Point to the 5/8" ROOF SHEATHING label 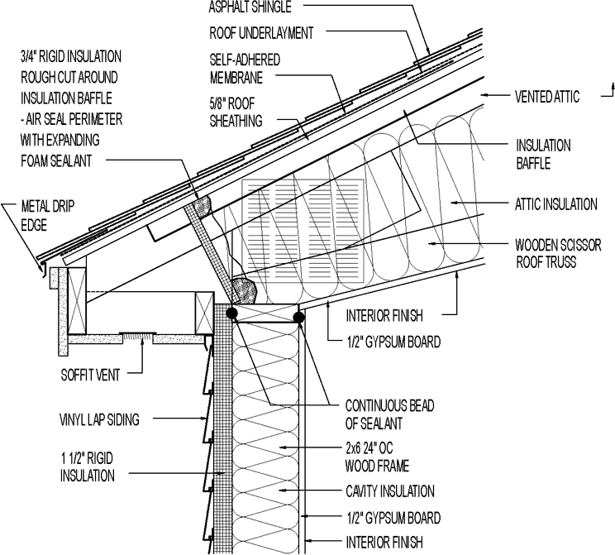236,112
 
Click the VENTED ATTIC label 548,97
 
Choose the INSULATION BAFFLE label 543,154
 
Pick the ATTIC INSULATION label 555,203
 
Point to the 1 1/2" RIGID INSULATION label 88,466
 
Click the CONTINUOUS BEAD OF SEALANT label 389,415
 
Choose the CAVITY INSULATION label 390,491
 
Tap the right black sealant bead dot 298,315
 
